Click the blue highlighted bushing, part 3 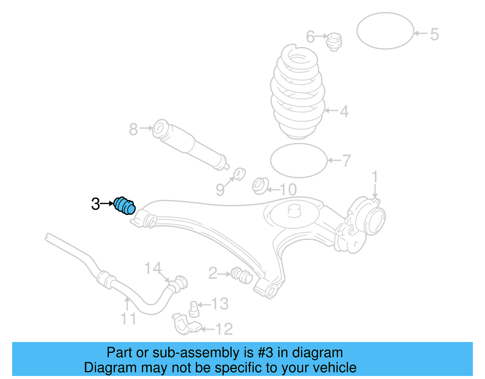pos(124,206)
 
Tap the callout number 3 pos(95,204)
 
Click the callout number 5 pos(434,34)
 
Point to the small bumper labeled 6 pos(334,42)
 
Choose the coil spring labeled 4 pos(298,92)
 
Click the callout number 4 pos(344,111)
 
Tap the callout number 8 pos(133,129)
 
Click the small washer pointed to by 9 pos(239,174)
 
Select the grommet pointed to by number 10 pos(260,186)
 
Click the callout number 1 pos(375,176)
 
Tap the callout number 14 pos(153,268)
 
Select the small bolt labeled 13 pos(194,309)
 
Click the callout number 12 pos(224,329)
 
